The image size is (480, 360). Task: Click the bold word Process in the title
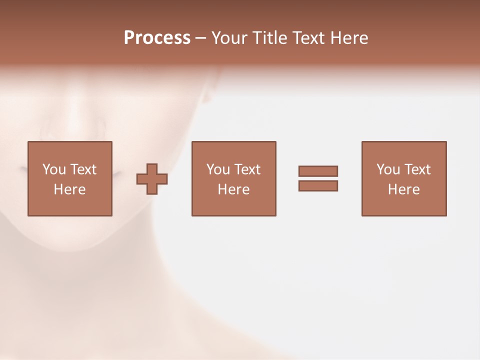click(x=157, y=38)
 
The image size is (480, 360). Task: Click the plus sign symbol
click(x=152, y=179)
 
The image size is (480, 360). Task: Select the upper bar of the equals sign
click(x=318, y=171)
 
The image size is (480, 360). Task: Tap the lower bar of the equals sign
click(x=318, y=185)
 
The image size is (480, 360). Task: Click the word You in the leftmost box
click(x=53, y=169)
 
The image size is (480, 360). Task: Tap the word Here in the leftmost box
click(x=69, y=189)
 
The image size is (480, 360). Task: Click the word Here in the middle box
click(x=233, y=189)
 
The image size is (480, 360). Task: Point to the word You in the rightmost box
click(x=388, y=169)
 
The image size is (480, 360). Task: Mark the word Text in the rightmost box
click(x=417, y=169)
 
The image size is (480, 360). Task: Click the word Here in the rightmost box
click(x=403, y=189)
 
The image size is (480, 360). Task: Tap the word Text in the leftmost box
click(x=83, y=169)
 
